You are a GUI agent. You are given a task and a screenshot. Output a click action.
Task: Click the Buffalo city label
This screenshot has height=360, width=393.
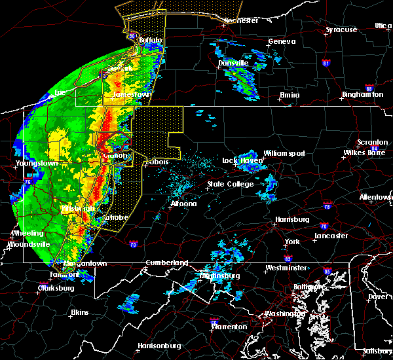pos(149,40)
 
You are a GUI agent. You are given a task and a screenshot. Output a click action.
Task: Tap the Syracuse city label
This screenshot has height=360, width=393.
pos(341,29)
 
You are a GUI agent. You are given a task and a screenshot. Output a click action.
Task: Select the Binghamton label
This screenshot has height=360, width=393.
pos(362,95)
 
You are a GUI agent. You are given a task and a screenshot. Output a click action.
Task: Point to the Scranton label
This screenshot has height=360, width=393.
pos(373,143)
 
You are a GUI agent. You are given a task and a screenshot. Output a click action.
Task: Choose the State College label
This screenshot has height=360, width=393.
pos(230,185)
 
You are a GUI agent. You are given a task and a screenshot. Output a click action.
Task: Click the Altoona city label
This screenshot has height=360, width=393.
pos(183,204)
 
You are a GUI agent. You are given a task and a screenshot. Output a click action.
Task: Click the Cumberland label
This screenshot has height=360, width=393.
pos(166,262)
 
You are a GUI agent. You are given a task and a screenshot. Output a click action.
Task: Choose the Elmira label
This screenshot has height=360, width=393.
pos(290,95)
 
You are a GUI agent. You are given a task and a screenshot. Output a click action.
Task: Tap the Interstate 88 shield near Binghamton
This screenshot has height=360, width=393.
pos(369,88)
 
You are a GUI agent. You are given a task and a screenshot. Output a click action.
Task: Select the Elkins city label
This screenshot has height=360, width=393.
pos(80,312)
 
